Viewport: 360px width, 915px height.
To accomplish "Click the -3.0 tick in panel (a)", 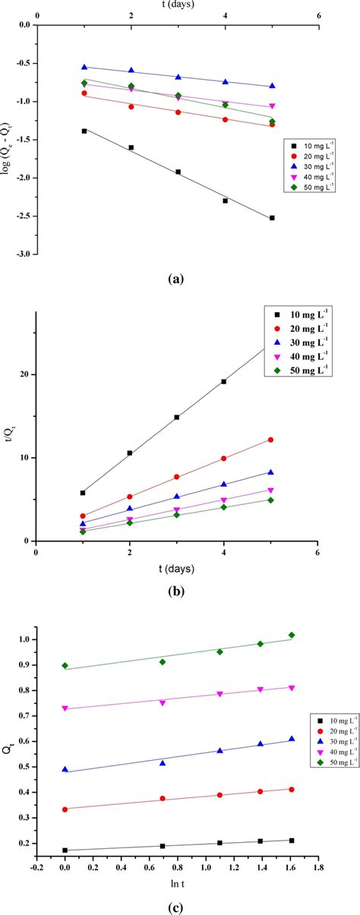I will (x=23, y=254).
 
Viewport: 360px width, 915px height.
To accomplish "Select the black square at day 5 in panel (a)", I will (x=272, y=218).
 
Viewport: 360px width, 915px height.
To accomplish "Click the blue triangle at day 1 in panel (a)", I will (x=84, y=67).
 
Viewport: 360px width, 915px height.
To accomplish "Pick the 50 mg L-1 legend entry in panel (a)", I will (x=311, y=183).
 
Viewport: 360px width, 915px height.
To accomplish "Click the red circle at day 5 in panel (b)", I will (x=270, y=440).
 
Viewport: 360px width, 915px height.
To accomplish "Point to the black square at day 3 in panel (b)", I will (x=177, y=417).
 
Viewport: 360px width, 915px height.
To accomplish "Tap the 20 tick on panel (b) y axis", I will (x=26, y=374).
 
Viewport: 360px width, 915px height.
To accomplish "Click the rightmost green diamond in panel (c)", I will (x=292, y=635).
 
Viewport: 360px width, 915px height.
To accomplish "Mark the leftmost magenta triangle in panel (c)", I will (x=65, y=708).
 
